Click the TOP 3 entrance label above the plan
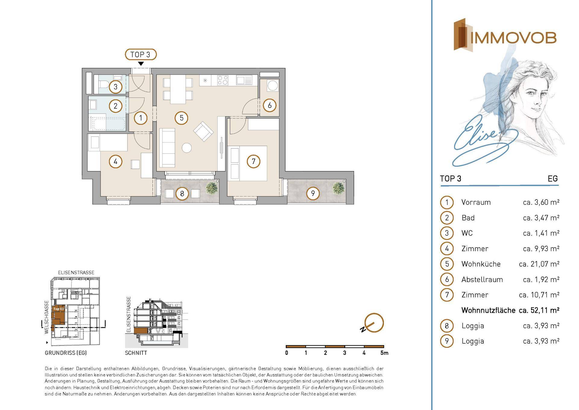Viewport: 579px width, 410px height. coord(141,55)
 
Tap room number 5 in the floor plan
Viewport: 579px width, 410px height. coord(182,118)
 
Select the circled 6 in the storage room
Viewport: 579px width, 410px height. coord(270,105)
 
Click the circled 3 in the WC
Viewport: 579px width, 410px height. coord(115,87)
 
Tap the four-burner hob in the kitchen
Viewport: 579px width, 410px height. coord(223,80)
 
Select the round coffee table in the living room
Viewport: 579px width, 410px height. coord(187,148)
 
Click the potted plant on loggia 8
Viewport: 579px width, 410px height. coord(212,188)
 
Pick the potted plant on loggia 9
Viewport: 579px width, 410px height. coord(338,188)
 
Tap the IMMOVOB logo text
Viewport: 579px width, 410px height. coord(513,38)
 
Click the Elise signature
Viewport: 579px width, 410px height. coord(482,142)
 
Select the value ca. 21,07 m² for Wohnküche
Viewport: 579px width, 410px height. coord(539,264)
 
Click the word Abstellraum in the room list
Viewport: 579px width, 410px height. coord(482,280)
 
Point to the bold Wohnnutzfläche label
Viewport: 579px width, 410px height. coord(488,310)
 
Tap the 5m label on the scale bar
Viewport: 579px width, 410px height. coord(384,353)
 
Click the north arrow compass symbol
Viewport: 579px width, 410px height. coord(373,323)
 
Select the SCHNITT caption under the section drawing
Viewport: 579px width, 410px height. coord(136,353)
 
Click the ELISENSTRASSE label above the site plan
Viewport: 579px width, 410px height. coord(76,272)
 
